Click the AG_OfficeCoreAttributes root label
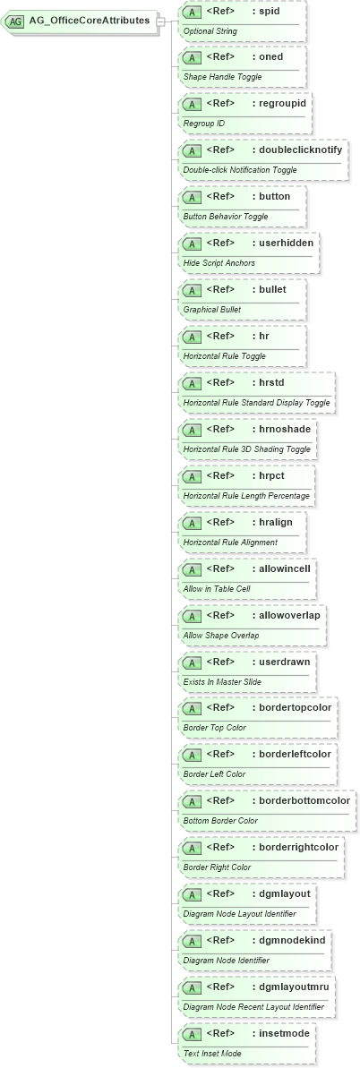pos(89,21)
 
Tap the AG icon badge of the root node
pos(16,21)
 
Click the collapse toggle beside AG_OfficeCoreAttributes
pos(161,21)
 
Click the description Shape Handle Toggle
pos(223,77)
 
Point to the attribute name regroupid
pos(282,103)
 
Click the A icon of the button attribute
pos(191,196)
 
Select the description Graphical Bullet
pos(214,310)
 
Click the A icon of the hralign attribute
pos(191,522)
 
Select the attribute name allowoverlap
pos(289,615)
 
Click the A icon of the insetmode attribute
pos(191,1034)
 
